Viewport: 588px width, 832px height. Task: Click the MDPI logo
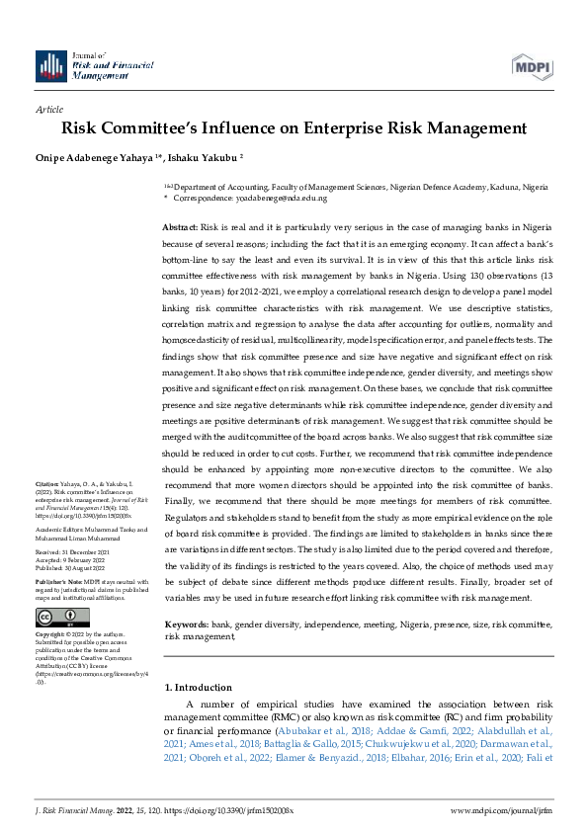(x=533, y=65)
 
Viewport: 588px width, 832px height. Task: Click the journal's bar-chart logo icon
(x=51, y=65)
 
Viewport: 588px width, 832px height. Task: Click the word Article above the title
(x=48, y=110)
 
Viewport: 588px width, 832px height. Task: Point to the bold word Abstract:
(x=181, y=227)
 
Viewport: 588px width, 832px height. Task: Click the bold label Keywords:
(x=185, y=625)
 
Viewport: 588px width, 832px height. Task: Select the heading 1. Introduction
(x=198, y=687)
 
